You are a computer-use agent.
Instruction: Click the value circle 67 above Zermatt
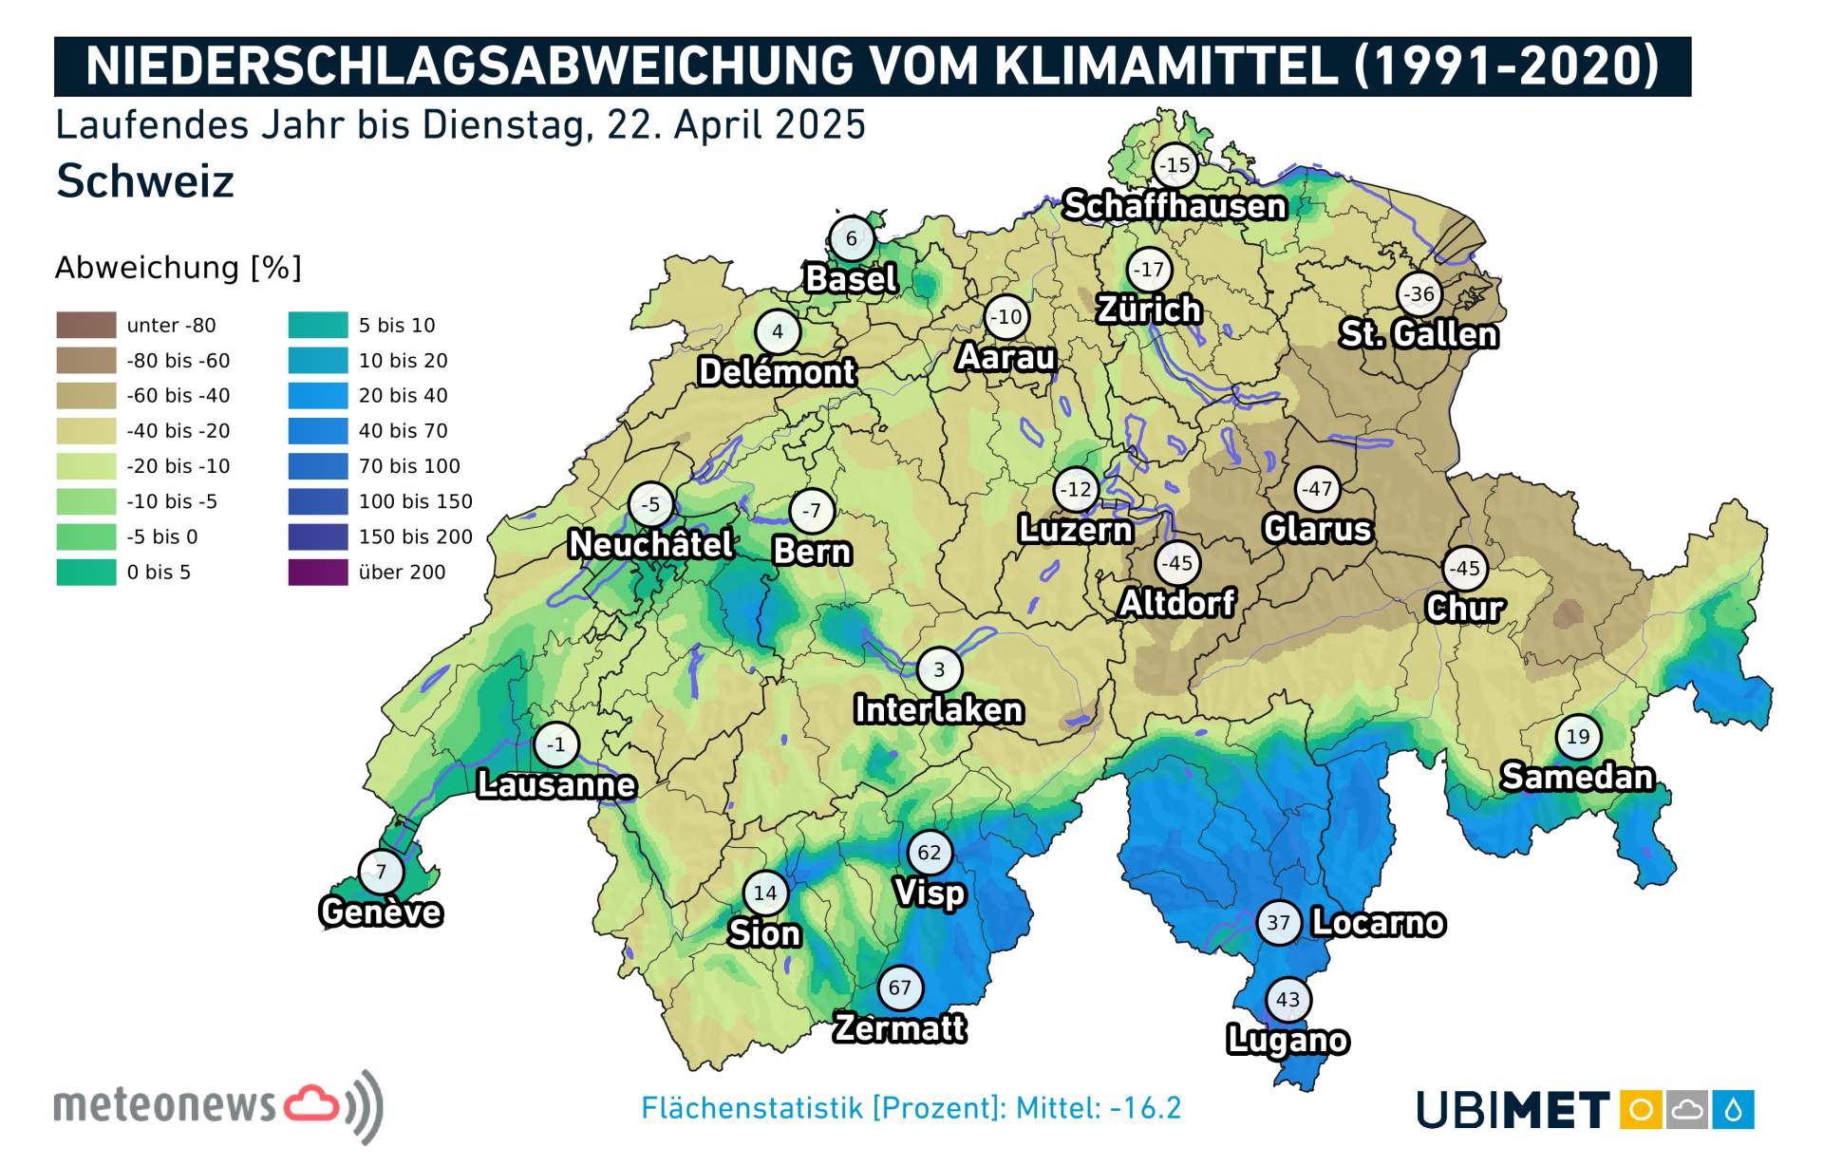click(899, 987)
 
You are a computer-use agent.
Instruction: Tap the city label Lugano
click(1287, 1040)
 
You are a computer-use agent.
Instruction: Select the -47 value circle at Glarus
click(1317, 489)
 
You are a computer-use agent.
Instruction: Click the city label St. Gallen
click(1419, 334)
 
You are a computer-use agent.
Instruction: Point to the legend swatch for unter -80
click(86, 325)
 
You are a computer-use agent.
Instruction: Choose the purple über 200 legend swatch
click(318, 572)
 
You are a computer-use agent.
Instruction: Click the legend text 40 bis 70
click(403, 431)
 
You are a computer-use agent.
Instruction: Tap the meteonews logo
click(218, 1106)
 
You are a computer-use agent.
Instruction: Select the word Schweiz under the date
click(145, 181)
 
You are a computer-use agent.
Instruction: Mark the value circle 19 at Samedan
click(1577, 736)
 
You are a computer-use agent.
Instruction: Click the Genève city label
click(381, 912)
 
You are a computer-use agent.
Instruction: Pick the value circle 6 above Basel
click(851, 238)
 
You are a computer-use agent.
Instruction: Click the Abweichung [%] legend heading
click(178, 268)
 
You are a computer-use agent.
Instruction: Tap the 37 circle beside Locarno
click(1278, 922)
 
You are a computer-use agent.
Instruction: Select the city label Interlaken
click(938, 709)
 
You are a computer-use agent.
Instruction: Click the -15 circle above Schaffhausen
click(1175, 165)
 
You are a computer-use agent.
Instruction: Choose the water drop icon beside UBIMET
click(1733, 1109)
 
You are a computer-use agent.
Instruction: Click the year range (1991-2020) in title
click(1507, 66)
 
